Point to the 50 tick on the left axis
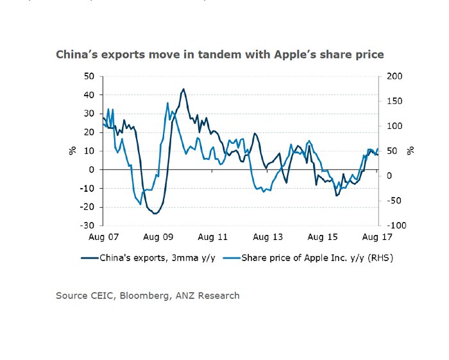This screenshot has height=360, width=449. [x=89, y=76]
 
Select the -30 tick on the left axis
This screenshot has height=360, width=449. [x=88, y=226]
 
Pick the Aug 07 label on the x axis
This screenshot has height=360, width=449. [x=103, y=237]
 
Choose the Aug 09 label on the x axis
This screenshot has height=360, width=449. [x=158, y=237]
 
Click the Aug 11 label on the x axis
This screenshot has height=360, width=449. [x=213, y=237]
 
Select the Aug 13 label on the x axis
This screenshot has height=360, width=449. [x=268, y=237]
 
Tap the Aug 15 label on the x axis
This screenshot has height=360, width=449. [x=323, y=237]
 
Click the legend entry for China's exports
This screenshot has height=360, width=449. [x=151, y=258]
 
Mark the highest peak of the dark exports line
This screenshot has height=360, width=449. [x=183, y=89]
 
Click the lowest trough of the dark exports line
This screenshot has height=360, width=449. [x=155, y=213]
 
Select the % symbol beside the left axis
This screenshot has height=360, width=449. [x=72, y=151]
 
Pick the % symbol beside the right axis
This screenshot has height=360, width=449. [x=411, y=151]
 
